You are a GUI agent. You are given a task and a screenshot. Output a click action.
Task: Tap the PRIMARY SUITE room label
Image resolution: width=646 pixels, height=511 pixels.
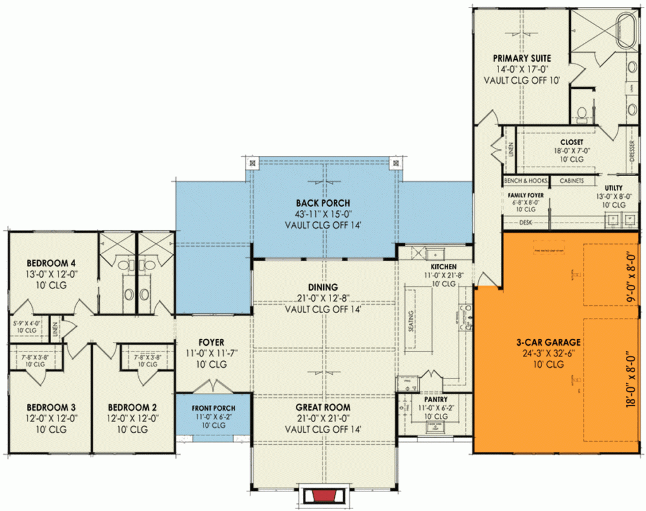[x=522, y=58]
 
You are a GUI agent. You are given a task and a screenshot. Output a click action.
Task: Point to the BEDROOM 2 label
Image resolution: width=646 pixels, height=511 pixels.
[x=131, y=407]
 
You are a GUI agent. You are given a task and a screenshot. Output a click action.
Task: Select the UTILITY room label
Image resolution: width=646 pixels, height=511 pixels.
[x=613, y=188]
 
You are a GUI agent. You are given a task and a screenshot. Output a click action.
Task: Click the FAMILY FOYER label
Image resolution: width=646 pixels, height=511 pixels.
[x=526, y=196]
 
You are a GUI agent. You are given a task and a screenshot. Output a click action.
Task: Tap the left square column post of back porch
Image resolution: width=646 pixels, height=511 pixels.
[x=252, y=163]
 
